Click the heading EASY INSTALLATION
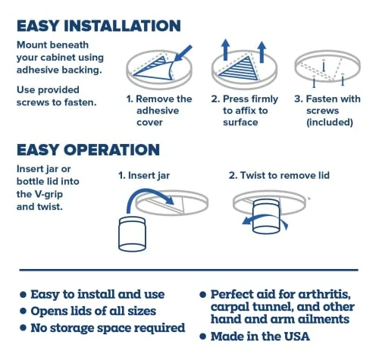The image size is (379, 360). pyautogui.click(x=99, y=26)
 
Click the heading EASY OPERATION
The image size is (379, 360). pyautogui.click(x=88, y=149)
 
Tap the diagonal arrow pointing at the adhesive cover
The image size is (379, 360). pyautogui.click(x=183, y=53)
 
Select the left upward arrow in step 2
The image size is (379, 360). pyautogui.click(x=225, y=50)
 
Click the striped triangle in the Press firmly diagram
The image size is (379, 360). pyautogui.click(x=240, y=69)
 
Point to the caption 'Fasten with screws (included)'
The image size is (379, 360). pyautogui.click(x=327, y=111)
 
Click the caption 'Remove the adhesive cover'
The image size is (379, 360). pyautogui.click(x=159, y=111)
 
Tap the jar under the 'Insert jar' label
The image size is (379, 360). pyautogui.click(x=132, y=234)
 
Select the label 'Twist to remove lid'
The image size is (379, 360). pyautogui.click(x=279, y=175)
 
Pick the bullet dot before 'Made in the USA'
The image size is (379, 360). pyautogui.click(x=202, y=337)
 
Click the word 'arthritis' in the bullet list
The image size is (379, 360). pyautogui.click(x=324, y=294)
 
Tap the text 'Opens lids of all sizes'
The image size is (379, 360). pyautogui.click(x=93, y=311)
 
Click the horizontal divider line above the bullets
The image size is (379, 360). pyautogui.click(x=189, y=270)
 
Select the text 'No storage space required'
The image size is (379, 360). pyautogui.click(x=108, y=328)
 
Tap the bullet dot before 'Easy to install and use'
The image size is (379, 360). pyautogui.click(x=23, y=295)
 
